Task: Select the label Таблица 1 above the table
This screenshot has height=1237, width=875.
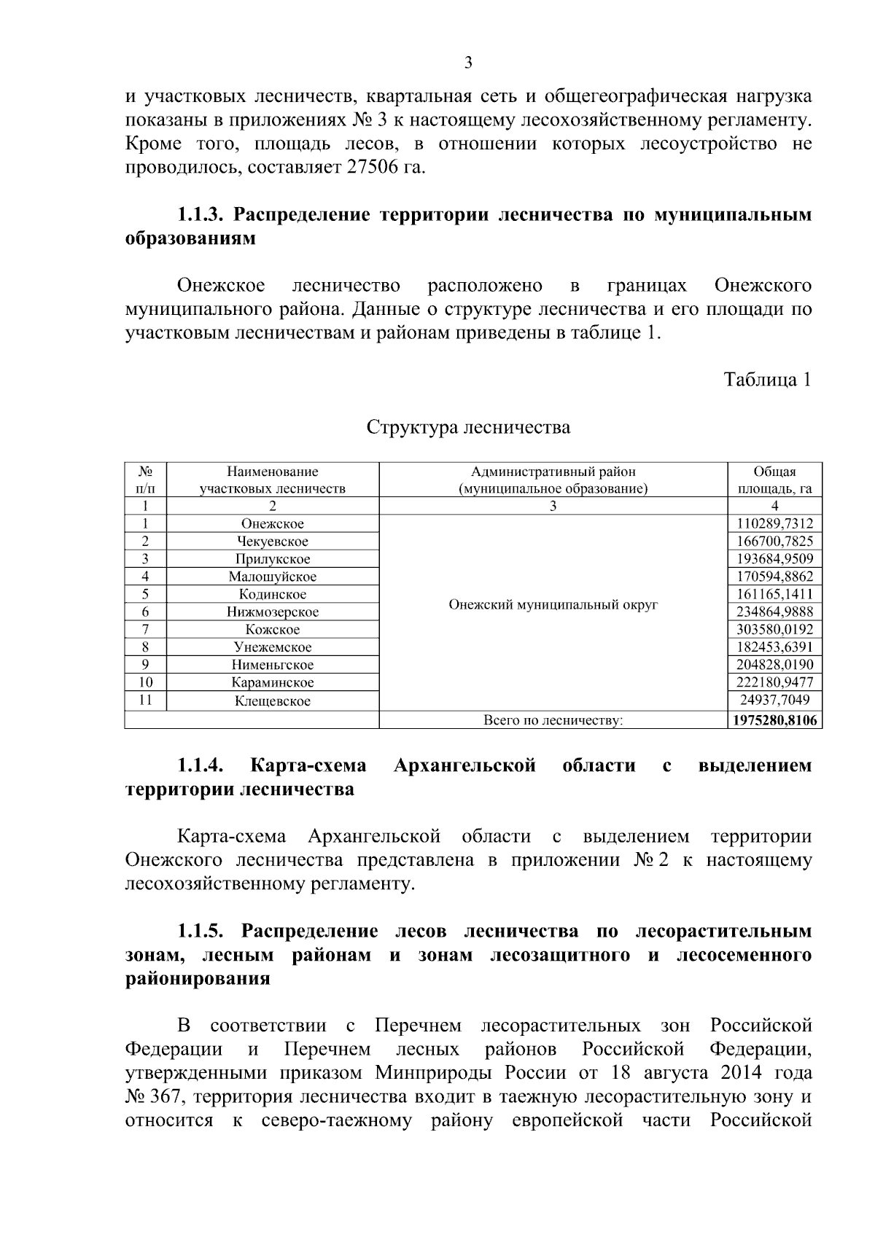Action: pyautogui.click(x=767, y=380)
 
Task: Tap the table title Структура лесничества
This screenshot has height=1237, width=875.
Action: pyautogui.click(x=468, y=426)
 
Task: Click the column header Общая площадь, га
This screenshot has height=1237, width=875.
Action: pyautogui.click(x=774, y=480)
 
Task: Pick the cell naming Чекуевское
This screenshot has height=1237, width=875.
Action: pyautogui.click(x=273, y=542)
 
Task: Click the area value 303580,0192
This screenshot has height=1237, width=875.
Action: pyautogui.click(x=774, y=629)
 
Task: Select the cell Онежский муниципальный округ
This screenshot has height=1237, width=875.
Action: pyautogui.click(x=553, y=605)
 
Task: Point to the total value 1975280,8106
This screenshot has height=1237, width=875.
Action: pyautogui.click(x=774, y=721)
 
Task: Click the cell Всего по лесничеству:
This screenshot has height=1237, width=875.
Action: pyautogui.click(x=553, y=721)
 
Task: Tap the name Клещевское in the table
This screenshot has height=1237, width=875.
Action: pyautogui.click(x=273, y=701)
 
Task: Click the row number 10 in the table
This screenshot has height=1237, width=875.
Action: pyautogui.click(x=146, y=683)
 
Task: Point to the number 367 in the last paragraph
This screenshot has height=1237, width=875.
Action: pyautogui.click(x=168, y=1096)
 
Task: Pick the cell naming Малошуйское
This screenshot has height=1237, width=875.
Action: pyautogui.click(x=273, y=577)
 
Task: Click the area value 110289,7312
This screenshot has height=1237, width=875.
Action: pyautogui.click(x=774, y=523)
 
